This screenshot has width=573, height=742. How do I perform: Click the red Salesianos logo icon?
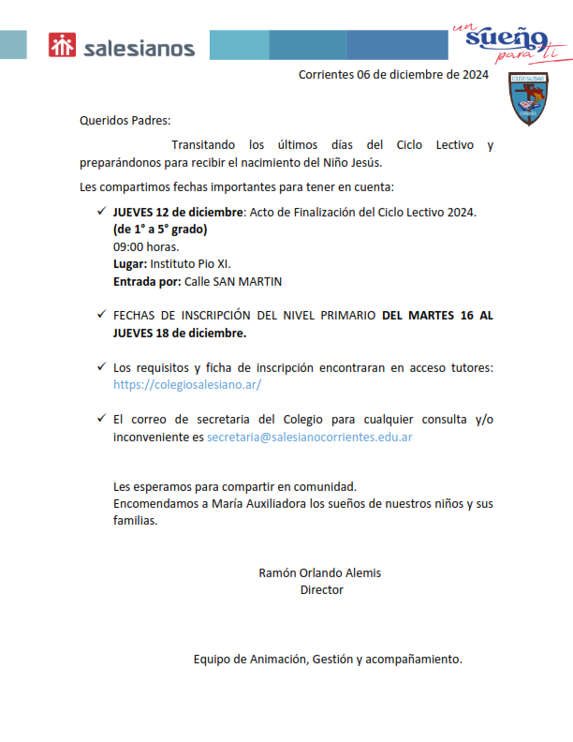click(x=63, y=46)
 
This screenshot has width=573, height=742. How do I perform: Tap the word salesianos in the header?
click(x=139, y=48)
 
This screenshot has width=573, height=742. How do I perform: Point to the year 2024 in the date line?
click(x=474, y=75)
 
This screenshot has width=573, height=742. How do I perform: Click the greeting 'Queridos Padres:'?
click(x=125, y=120)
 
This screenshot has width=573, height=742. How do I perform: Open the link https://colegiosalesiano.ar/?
click(x=186, y=384)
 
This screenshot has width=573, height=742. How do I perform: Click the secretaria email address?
click(x=310, y=437)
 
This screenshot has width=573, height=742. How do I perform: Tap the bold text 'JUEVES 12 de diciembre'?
click(x=178, y=213)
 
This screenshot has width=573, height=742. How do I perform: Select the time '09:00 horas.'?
click(x=145, y=247)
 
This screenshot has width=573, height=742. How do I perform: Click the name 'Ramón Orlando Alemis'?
click(x=319, y=572)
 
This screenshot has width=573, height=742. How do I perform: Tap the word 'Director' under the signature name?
click(x=321, y=589)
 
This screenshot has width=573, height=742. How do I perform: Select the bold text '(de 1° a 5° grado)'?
click(x=160, y=230)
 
